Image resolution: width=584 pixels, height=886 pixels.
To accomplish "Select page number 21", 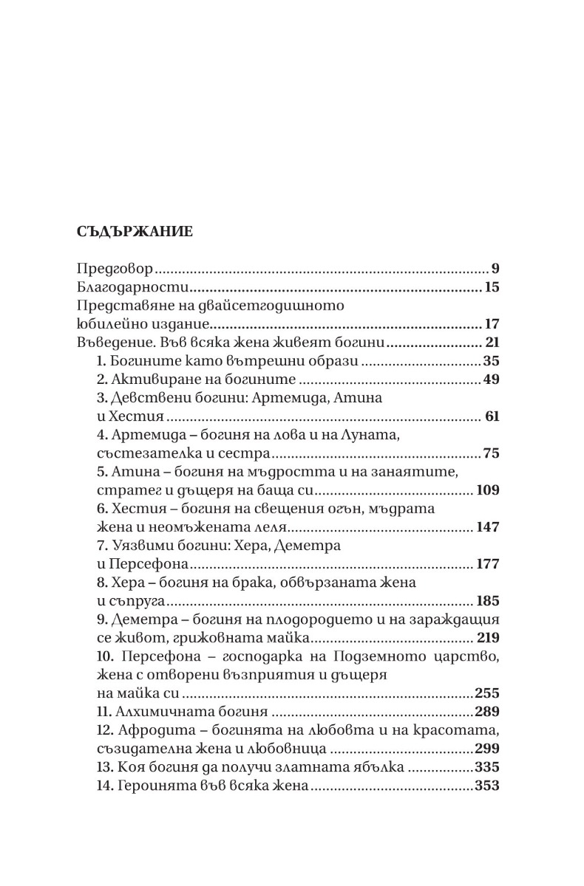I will (492, 343).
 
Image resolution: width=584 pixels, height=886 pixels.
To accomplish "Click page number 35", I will (491, 361).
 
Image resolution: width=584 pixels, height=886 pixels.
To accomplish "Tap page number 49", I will (490, 380).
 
